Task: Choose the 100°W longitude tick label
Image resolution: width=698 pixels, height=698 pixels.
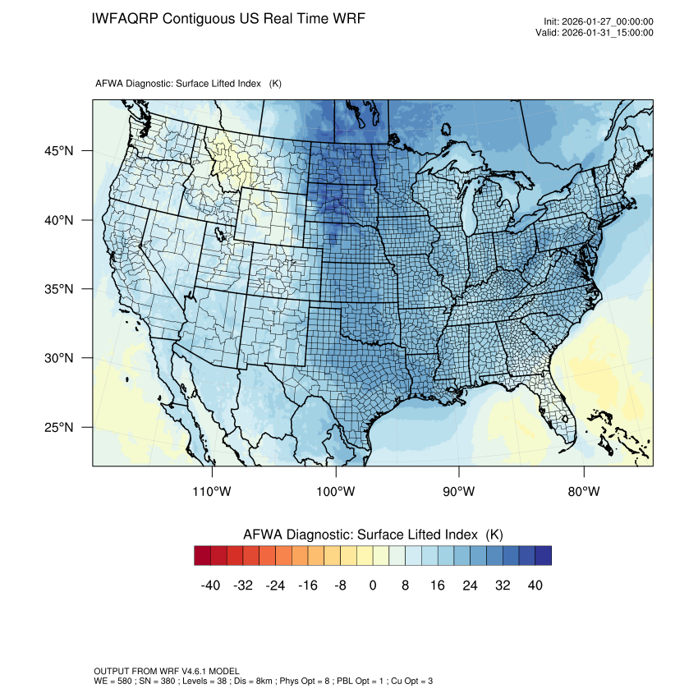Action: pyautogui.click(x=336, y=492)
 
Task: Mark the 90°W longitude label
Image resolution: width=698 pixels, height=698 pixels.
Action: pyautogui.click(x=459, y=492)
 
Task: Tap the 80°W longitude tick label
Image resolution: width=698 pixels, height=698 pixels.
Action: pyautogui.click(x=583, y=492)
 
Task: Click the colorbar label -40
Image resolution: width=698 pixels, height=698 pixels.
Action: pyautogui.click(x=210, y=585)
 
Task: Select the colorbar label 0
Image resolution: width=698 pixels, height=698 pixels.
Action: pyautogui.click(x=373, y=585)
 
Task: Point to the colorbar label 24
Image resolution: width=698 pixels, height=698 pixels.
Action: pyautogui.click(x=471, y=585)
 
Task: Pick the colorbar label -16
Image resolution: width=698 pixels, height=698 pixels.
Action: pyautogui.click(x=308, y=585)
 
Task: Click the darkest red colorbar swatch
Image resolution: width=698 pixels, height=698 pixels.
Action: pyautogui.click(x=203, y=556)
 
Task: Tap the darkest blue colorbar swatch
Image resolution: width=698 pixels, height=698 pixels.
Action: pyautogui.click(x=543, y=556)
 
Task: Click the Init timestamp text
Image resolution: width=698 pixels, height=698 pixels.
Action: pyautogui.click(x=599, y=22)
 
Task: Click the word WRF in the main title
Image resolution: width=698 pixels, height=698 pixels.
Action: pyautogui.click(x=347, y=18)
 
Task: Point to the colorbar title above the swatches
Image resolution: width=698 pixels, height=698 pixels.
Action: pyautogui.click(x=373, y=535)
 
